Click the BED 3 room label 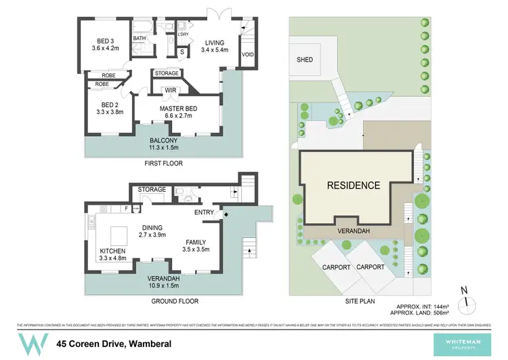(x=105, y=44)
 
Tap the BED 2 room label (x=110, y=108)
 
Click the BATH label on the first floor (x=140, y=39)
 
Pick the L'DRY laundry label (x=183, y=34)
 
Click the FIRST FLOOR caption (x=164, y=163)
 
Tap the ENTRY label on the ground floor (x=204, y=213)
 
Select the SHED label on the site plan (x=305, y=60)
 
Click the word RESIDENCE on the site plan (x=354, y=185)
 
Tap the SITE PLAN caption (x=358, y=301)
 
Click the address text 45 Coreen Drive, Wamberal (x=113, y=344)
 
